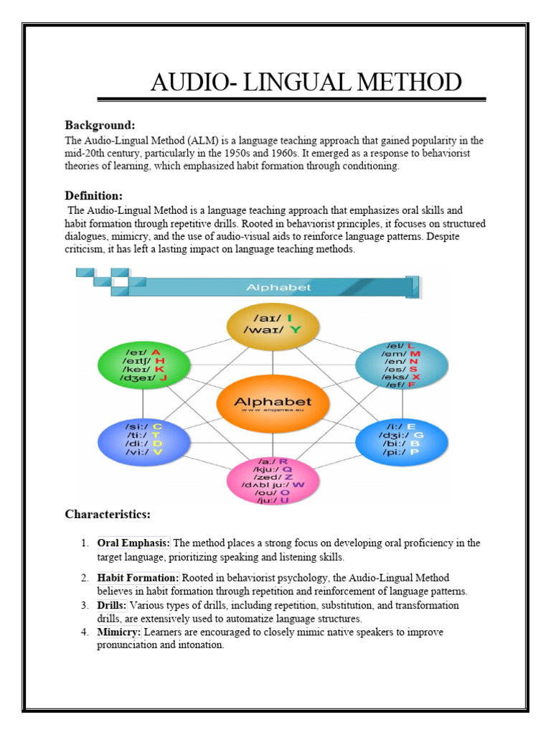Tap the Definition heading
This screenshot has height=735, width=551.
[x=94, y=195]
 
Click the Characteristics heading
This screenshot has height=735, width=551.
[x=108, y=514]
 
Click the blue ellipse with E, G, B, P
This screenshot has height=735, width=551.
[x=401, y=440]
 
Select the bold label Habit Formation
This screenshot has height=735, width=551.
[x=138, y=578]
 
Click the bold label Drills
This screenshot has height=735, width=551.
[x=112, y=606]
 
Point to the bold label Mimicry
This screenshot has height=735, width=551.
[x=120, y=632]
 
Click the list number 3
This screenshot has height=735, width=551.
[x=85, y=606]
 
